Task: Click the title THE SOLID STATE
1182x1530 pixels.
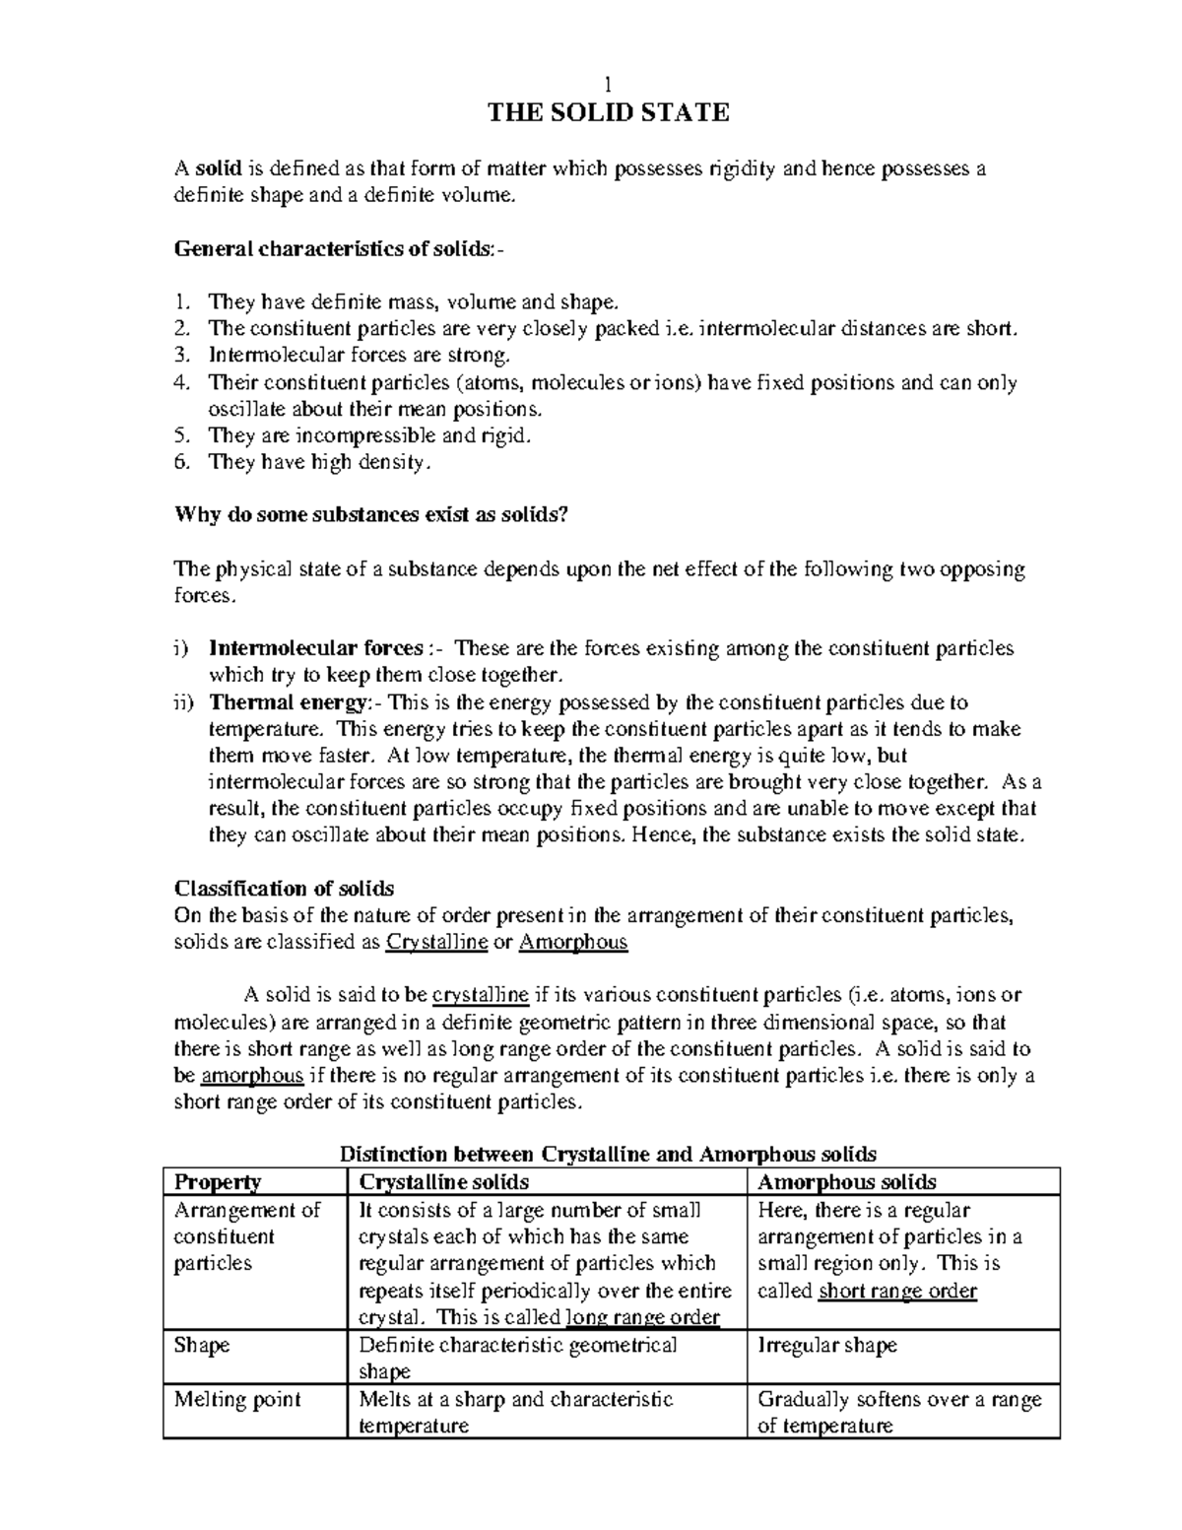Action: (609, 113)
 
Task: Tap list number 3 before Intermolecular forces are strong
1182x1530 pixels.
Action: (180, 356)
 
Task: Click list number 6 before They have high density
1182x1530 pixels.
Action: (180, 462)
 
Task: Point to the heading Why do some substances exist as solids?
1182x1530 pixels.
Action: (370, 514)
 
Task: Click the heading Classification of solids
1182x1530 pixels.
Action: (284, 889)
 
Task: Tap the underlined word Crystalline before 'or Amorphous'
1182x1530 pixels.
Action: (436, 943)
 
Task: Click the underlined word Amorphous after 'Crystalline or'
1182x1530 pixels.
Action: (572, 943)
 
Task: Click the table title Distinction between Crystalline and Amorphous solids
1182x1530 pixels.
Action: (608, 1154)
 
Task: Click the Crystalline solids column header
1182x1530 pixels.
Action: (444, 1182)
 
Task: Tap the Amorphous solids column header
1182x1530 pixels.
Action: (847, 1182)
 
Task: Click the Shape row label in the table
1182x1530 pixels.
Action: (201, 1346)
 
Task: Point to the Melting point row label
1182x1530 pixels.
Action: (236, 1400)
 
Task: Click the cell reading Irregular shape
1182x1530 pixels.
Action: (826, 1346)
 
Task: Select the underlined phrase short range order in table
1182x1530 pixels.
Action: (897, 1292)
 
